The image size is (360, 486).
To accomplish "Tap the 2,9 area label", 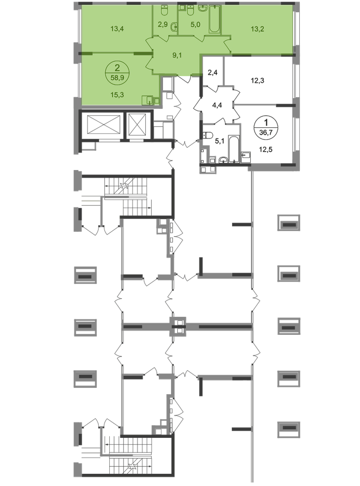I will coord(163,24).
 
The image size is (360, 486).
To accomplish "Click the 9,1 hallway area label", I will coord(178,55).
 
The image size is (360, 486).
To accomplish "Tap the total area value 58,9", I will coord(117,77).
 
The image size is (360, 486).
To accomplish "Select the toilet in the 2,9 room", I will coord(165,9).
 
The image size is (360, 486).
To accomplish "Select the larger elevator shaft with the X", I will coord(103,125).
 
